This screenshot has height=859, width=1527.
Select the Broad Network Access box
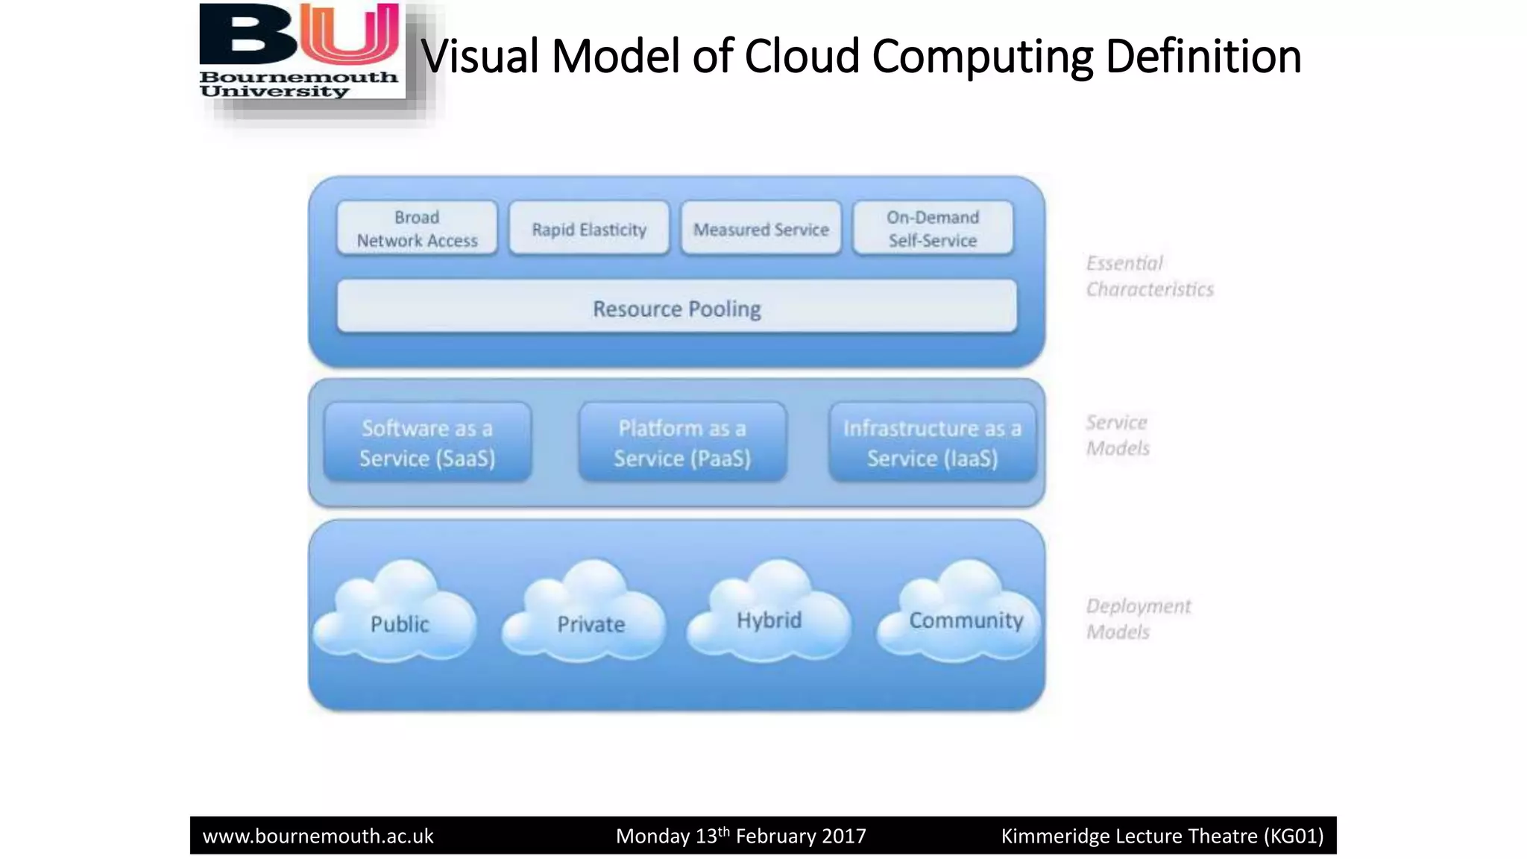417,229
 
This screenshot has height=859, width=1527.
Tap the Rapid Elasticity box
589,229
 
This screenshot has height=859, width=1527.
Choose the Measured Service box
761,229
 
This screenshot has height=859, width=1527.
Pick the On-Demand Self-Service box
933,229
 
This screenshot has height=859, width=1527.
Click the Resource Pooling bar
676,307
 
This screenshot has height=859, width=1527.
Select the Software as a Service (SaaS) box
427,443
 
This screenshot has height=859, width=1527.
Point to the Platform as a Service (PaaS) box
682,443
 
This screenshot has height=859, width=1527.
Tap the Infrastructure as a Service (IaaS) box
932,443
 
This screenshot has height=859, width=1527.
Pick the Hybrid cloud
769,615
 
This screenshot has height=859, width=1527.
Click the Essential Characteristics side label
1149,276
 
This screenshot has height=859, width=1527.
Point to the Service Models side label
1117,435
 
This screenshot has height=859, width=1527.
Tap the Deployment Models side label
1137,618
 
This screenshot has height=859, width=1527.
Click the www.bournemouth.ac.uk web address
318,836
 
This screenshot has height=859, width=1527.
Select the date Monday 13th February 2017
740,836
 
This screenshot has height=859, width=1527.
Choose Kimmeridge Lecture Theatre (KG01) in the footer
1162,836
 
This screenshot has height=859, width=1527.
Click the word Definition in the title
1203,57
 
